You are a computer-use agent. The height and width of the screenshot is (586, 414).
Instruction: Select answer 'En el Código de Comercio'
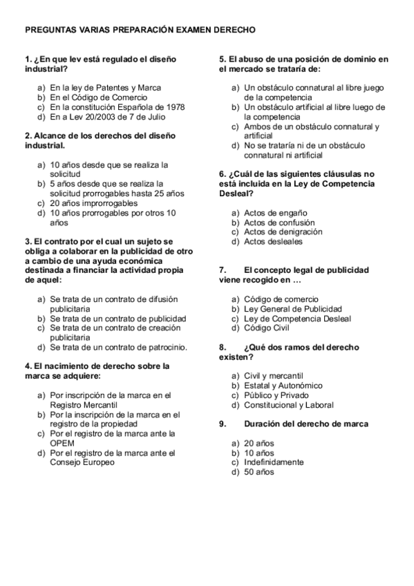[x=98, y=97]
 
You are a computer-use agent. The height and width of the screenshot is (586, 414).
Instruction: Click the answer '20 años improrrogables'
[x=93, y=204]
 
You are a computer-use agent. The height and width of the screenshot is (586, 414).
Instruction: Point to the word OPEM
[x=62, y=444]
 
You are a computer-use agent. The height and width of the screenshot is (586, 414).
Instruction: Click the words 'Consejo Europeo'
[x=82, y=463]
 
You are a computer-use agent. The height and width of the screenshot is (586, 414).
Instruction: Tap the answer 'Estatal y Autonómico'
[x=283, y=386]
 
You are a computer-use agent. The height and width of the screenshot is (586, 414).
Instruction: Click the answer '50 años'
[x=259, y=472]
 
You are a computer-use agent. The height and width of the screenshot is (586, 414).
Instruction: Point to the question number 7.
[x=223, y=270]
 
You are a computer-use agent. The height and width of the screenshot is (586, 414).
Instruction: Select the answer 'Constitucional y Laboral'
[x=289, y=405]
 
